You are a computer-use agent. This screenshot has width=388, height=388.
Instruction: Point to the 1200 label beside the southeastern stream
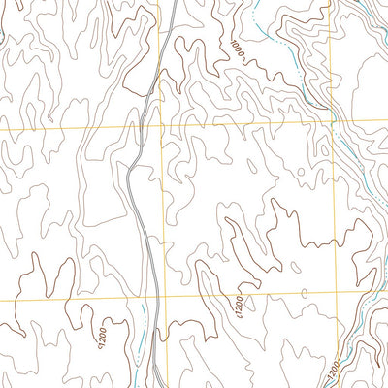pos(333,370)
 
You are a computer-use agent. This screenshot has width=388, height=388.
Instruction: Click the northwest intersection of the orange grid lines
pos(161,126)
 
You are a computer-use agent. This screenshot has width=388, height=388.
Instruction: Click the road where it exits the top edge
pos(171,3)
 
